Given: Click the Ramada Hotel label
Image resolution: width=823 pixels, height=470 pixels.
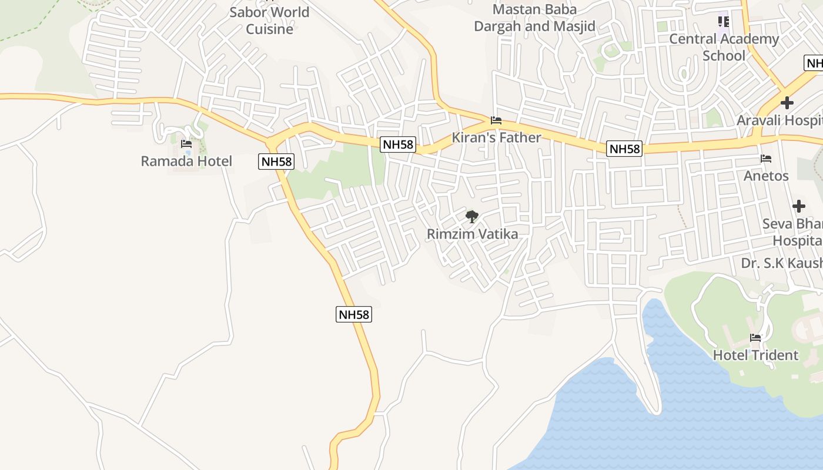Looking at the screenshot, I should [186, 161].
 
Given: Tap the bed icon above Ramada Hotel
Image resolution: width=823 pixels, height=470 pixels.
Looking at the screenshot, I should [186, 143].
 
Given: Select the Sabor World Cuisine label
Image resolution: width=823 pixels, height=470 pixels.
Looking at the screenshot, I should [269, 21].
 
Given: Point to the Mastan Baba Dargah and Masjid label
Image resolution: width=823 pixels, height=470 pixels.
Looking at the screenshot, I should [534, 18].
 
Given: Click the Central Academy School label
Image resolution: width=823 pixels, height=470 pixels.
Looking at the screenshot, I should [724, 47].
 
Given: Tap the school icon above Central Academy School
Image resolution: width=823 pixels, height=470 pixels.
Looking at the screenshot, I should [723, 22].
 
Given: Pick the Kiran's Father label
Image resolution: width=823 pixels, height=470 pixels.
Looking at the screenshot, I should [496, 137].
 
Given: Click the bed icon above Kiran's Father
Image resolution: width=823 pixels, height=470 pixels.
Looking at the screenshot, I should [496, 120].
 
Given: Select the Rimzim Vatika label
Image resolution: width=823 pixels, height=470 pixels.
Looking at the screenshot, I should [472, 234].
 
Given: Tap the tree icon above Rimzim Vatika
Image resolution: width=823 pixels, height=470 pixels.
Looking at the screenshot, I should [471, 217].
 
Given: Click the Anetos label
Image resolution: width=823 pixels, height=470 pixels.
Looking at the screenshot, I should [765, 176].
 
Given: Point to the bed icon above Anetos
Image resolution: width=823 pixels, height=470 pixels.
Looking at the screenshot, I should [765, 159].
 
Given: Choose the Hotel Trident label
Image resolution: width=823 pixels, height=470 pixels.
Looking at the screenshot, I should [755, 355].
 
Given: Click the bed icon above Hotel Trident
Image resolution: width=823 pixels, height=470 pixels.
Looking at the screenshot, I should [755, 338].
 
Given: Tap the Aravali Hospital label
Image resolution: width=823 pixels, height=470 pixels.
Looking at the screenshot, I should [779, 120].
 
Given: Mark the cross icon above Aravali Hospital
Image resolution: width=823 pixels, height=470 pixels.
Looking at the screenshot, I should [787, 103].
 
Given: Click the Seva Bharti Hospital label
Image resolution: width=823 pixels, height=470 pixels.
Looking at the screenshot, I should [793, 232].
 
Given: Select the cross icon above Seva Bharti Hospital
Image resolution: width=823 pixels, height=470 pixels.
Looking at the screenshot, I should [798, 206].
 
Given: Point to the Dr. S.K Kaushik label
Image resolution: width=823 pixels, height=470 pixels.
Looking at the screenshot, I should [782, 263].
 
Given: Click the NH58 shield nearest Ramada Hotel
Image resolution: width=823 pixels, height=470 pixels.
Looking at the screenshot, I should [276, 162].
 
